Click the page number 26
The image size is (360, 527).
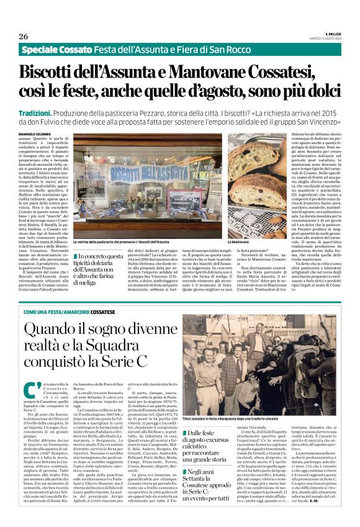click(x=23, y=37)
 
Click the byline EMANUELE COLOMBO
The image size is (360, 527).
click(x=37, y=134)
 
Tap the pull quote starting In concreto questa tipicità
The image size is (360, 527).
click(x=98, y=268)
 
